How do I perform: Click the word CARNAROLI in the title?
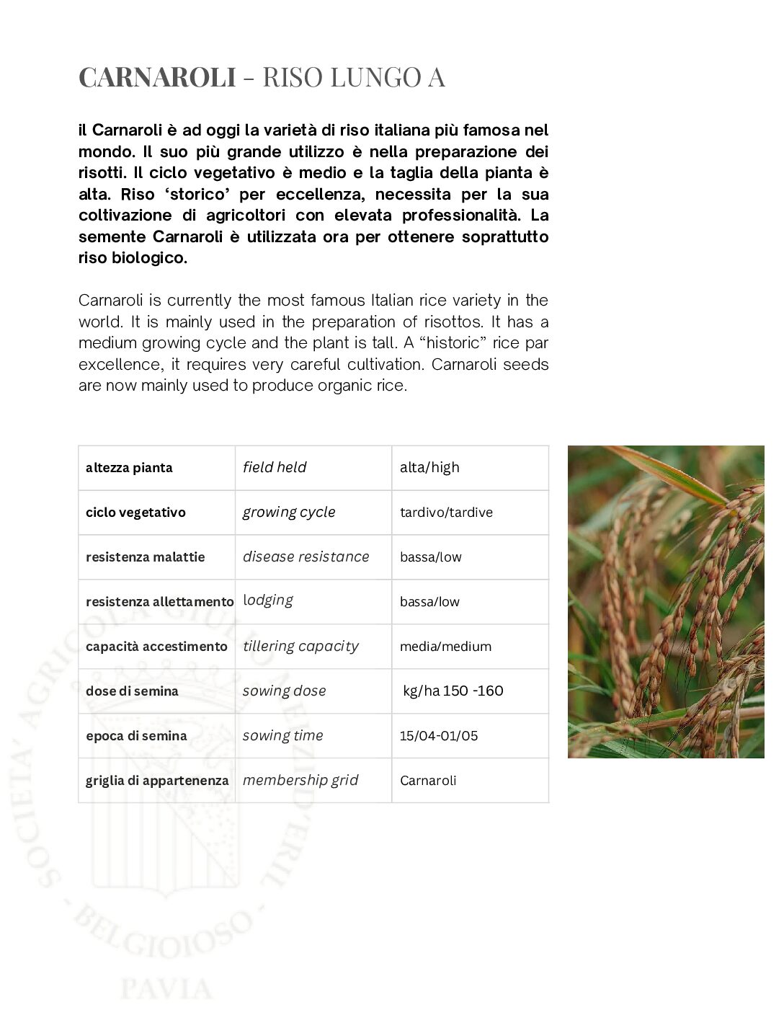pos(157,77)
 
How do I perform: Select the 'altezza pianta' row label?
pos(129,468)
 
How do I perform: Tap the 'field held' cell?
pos(275,467)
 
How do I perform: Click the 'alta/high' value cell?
pos(429,467)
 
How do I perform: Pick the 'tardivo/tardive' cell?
pos(446,513)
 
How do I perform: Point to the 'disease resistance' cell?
pos(306,557)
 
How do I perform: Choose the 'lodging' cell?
pos(268,600)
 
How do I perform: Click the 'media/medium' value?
pos(445,647)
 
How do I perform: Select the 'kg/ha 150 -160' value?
pos(453,691)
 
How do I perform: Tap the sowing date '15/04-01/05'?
pos(439,736)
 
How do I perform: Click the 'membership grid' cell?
pos(300,780)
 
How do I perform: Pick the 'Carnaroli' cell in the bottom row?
pos(428,781)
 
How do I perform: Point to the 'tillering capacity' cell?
pos(300,646)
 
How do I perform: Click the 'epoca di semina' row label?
pos(136,736)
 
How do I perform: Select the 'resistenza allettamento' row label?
pos(159,602)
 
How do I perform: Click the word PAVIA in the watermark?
pos(166,988)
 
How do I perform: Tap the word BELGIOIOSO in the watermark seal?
pos(163,934)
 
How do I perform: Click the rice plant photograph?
pos(666,601)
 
